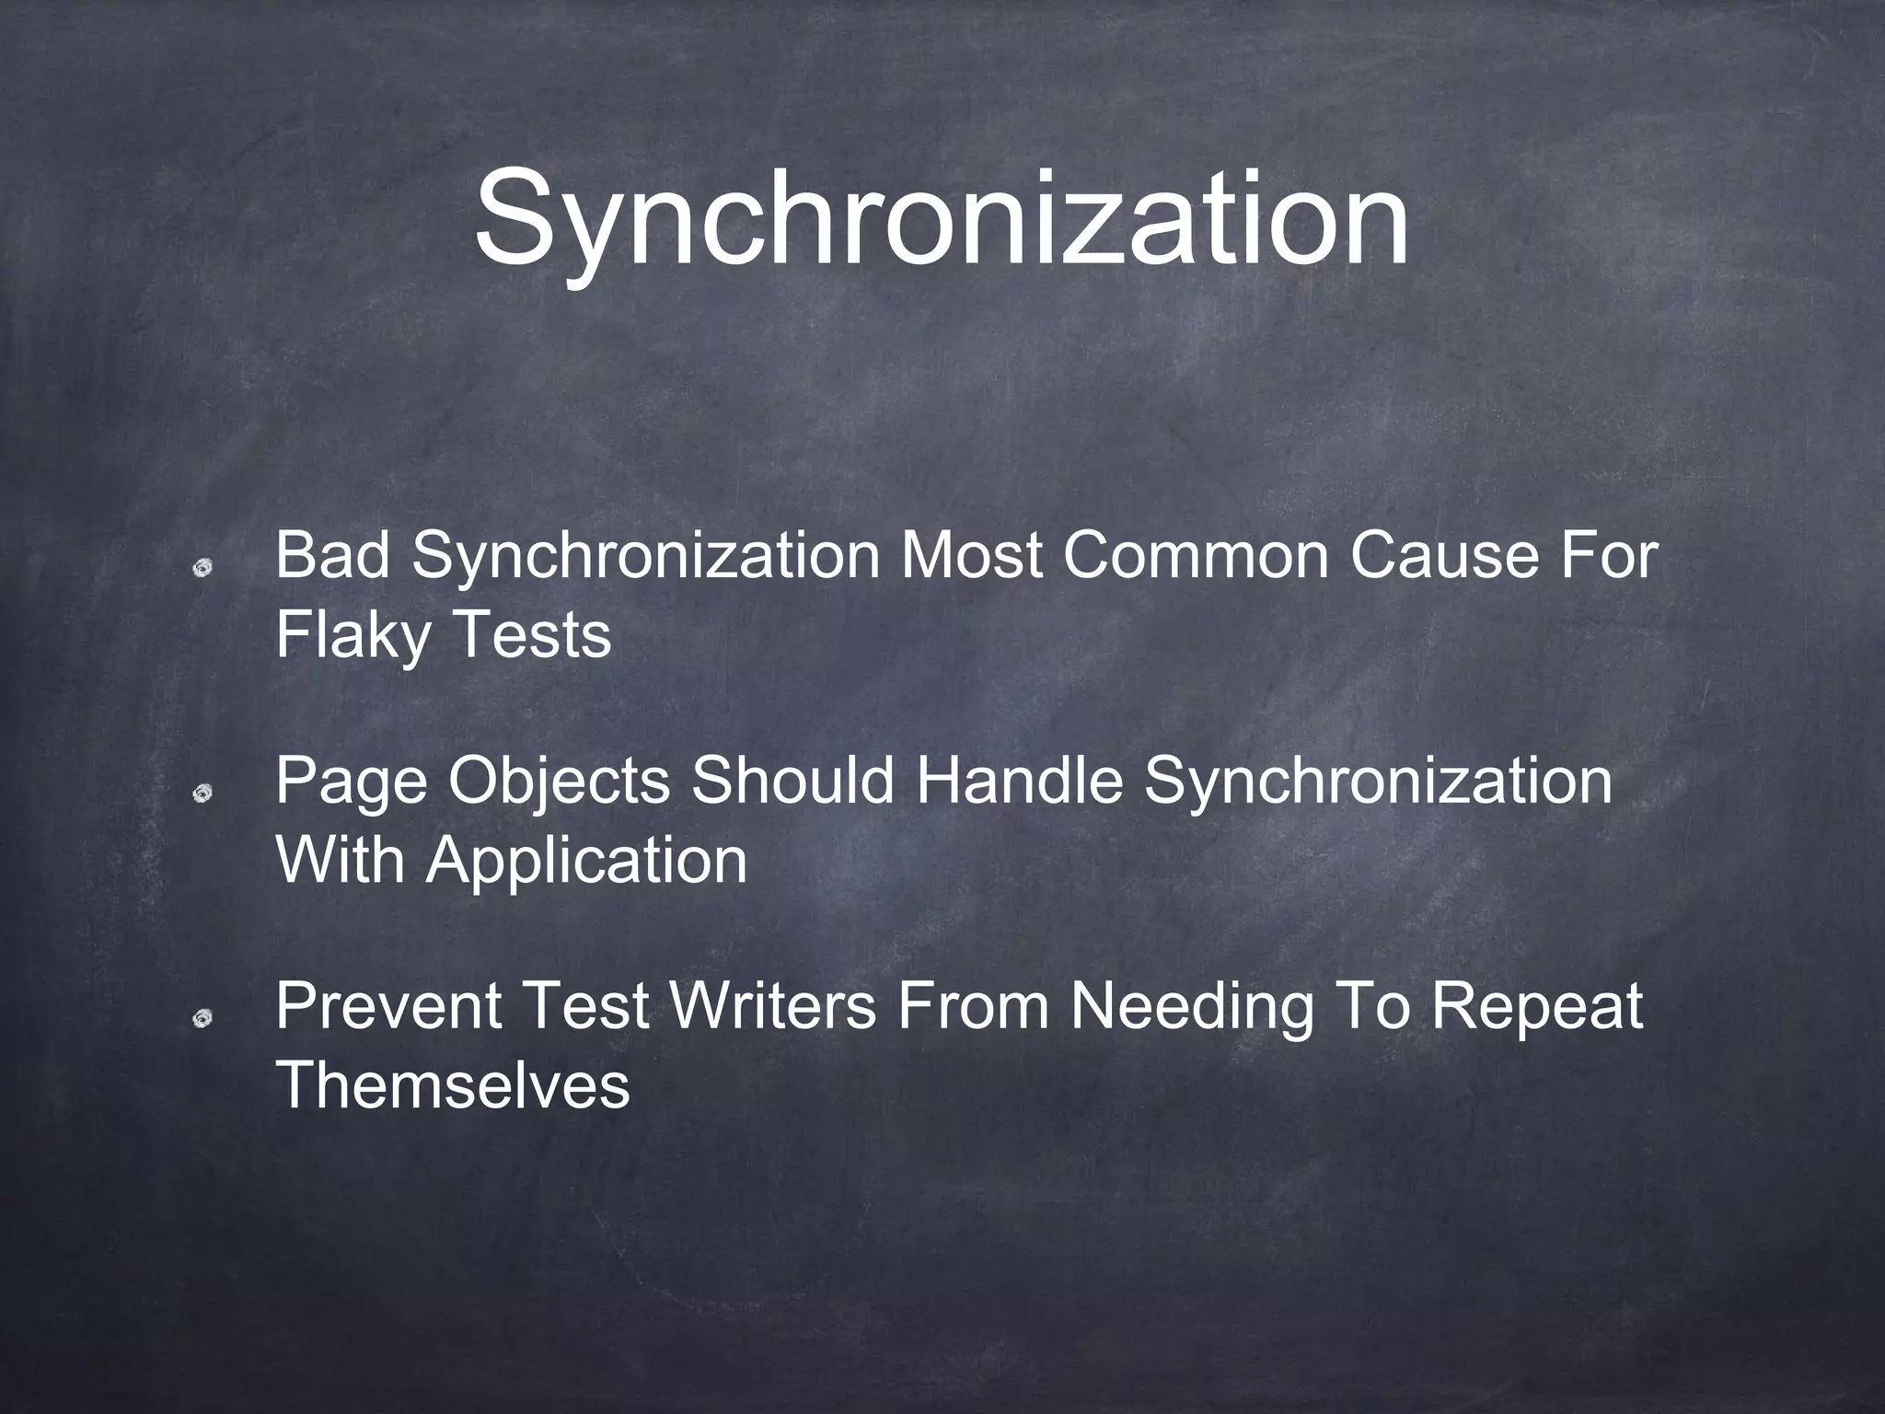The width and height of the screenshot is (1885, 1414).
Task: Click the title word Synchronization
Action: [x=941, y=217]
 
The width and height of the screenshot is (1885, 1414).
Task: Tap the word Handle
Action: [x=1018, y=781]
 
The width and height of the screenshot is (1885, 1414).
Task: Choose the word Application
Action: [x=586, y=862]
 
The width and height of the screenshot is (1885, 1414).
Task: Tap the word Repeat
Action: [x=1536, y=1006]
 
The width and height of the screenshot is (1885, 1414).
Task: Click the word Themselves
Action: [x=453, y=1085]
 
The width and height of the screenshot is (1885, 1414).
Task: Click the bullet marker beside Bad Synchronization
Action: [x=202, y=568]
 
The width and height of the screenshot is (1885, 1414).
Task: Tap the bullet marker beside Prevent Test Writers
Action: [x=202, y=1018]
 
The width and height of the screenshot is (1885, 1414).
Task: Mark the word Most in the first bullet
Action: [x=972, y=556]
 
